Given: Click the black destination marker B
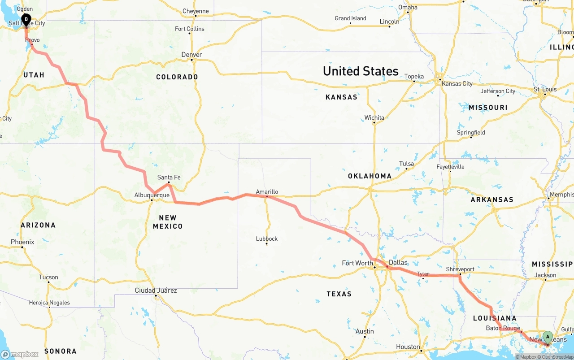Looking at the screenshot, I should tap(26, 19).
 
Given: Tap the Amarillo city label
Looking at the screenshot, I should tap(267, 192).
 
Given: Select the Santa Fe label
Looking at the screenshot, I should tap(169, 178).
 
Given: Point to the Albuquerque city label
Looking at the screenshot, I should tap(152, 195).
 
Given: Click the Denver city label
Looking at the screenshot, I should tap(191, 55).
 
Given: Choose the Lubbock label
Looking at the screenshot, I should tap(267, 239).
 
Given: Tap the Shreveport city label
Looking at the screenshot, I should tap(460, 269).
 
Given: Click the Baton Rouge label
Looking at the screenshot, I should tap(503, 328).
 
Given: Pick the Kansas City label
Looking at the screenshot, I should tap(457, 84).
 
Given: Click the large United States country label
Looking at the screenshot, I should tap(361, 71).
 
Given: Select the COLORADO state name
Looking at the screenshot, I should tap(177, 77).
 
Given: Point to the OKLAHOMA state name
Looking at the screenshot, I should tap(370, 176).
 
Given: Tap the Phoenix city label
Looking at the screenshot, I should tap(22, 242).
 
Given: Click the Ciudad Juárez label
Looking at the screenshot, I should tap(156, 291).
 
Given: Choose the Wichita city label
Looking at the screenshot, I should tap(374, 118).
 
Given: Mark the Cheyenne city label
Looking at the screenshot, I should tap(196, 11).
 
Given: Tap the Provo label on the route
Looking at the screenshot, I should tap(32, 40).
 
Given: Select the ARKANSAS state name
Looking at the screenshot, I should tap(492, 200).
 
